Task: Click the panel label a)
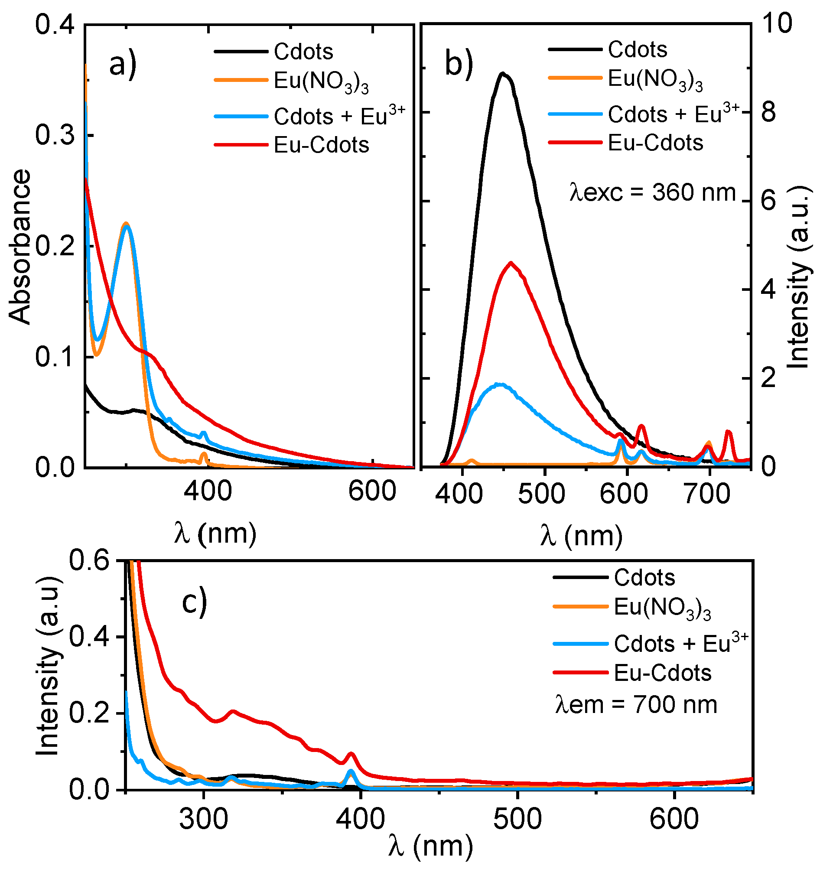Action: tap(123, 65)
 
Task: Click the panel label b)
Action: tap(459, 64)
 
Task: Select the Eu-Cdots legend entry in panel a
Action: tap(321, 145)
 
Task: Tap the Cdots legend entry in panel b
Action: tap(637, 49)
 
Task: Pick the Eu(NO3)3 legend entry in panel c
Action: tap(662, 608)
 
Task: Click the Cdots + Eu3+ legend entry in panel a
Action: tap(339, 116)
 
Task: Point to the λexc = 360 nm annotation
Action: tap(653, 192)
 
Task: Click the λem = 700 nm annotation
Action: tap(636, 705)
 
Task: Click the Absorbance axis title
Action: tap(20, 247)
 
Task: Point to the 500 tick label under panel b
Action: tap(542, 494)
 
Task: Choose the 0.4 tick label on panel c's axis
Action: tap(89, 636)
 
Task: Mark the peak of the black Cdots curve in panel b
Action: tap(503, 74)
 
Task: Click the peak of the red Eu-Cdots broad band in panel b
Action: tap(511, 263)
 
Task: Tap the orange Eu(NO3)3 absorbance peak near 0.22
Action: tap(126, 223)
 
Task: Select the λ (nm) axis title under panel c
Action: tap(430, 846)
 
